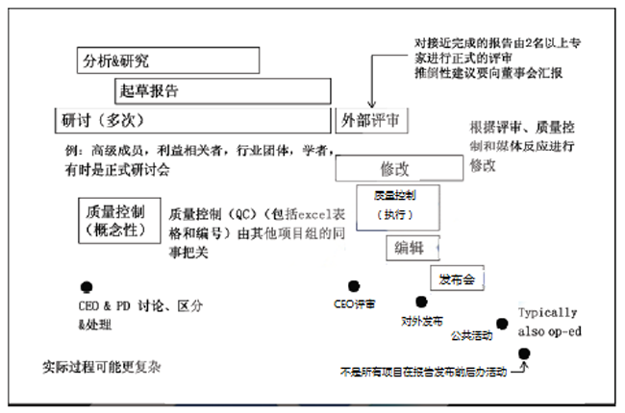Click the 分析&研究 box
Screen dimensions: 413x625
click(x=167, y=61)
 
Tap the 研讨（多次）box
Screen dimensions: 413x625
click(x=192, y=120)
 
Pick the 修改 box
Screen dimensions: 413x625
click(x=395, y=168)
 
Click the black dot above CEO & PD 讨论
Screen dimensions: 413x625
click(x=87, y=286)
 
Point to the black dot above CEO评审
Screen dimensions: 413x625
click(x=354, y=285)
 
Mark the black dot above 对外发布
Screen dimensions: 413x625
click(x=419, y=302)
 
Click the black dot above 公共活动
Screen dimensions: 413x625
click(x=501, y=324)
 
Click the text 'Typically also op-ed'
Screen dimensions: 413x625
click(x=548, y=321)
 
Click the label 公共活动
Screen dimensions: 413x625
click(x=471, y=335)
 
